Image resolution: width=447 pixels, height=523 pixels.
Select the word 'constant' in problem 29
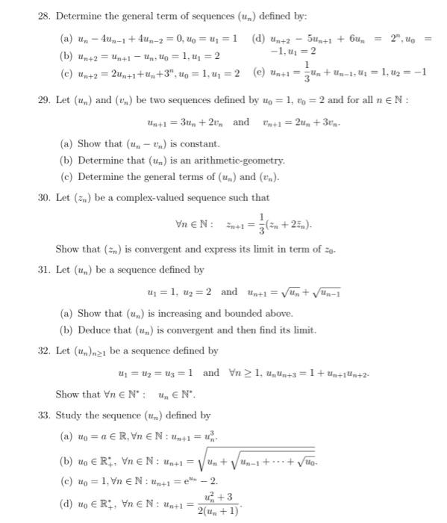point(197,144)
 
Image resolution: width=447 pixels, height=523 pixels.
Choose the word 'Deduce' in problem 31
point(90,329)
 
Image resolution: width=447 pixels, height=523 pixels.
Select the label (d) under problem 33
point(65,502)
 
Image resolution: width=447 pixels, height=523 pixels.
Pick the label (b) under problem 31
point(65,329)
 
